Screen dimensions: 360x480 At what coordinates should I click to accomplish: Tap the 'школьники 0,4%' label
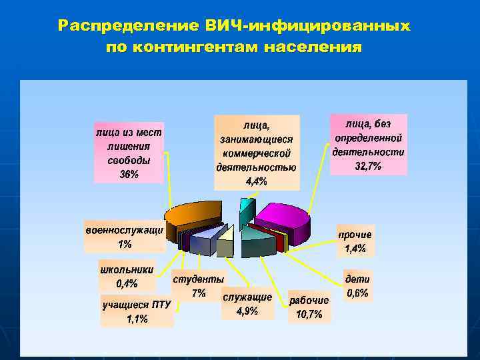pos(126,277)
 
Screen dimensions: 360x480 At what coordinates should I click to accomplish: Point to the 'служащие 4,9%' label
pos(247,303)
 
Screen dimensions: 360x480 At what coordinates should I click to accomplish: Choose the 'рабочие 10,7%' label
pos(309,307)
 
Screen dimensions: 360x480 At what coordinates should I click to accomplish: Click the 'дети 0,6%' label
pos(357,285)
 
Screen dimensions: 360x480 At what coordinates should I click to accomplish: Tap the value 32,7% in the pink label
pos(368,166)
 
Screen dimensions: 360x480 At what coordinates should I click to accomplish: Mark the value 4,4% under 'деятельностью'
pos(257,181)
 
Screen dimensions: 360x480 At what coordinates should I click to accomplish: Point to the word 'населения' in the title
pos(313,47)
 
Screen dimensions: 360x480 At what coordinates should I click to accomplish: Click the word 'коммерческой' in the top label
pos(257,153)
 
